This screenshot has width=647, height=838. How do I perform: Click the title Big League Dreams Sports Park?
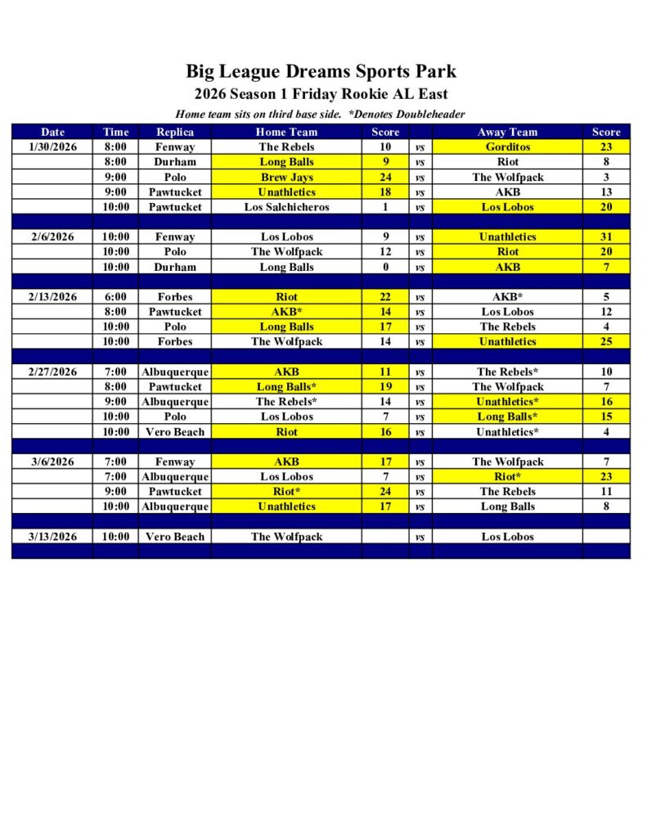(321, 71)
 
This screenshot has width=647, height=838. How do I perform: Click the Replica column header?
(175, 132)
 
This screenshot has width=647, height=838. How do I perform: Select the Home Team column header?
(286, 132)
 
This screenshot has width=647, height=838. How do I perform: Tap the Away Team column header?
(507, 132)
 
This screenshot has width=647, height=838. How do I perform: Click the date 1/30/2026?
(52, 147)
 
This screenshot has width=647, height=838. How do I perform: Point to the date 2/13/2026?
(52, 297)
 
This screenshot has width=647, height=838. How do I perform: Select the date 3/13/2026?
(52, 537)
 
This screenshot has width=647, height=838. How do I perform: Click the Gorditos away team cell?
(507, 147)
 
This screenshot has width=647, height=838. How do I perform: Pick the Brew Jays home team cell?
(286, 177)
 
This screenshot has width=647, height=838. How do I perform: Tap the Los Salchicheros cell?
(286, 207)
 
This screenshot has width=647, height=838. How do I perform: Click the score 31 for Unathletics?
(607, 237)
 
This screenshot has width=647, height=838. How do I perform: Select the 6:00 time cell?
(115, 297)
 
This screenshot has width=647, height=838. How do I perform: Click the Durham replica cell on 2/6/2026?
(175, 267)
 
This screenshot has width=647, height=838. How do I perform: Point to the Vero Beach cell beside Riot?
(175, 432)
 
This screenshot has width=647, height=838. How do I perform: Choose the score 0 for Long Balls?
(385, 267)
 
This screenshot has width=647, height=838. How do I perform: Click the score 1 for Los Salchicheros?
(385, 207)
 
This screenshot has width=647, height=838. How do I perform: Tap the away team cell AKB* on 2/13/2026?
(507, 297)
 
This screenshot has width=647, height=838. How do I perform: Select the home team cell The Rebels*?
(286, 402)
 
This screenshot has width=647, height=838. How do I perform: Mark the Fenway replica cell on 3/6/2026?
(175, 462)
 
